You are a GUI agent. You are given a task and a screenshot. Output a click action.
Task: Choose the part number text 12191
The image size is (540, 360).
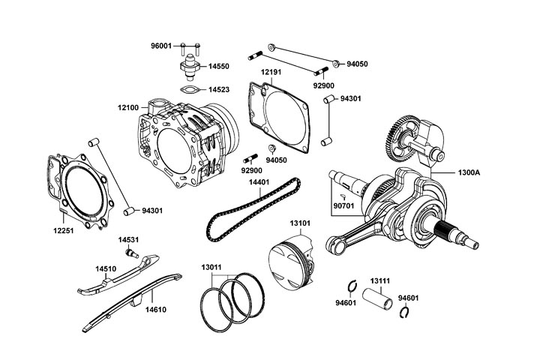coord(271,72)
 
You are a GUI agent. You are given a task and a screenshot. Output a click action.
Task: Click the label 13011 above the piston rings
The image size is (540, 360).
coord(211,266)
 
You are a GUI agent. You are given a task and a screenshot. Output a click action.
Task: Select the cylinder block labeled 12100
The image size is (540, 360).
coord(187,139)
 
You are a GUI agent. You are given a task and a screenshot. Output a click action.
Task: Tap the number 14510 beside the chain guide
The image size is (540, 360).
coord(105,267)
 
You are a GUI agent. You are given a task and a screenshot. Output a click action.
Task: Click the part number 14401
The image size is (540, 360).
coord(259,182)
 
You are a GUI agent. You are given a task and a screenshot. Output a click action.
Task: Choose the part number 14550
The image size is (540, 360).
coord(219,67)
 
